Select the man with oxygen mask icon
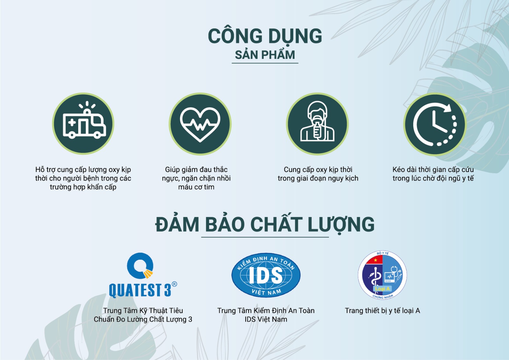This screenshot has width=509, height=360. (x=317, y=121)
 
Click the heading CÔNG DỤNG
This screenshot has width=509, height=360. (x=265, y=36)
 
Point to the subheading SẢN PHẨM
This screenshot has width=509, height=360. (x=265, y=55)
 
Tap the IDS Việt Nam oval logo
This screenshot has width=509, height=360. (x=266, y=275)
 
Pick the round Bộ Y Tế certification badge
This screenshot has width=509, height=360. (x=382, y=275)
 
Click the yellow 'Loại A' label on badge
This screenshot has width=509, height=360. (x=382, y=289)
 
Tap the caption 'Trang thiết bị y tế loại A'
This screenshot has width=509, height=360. (x=382, y=311)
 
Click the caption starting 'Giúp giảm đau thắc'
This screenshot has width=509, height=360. (x=196, y=178)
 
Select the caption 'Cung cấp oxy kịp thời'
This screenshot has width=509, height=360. (x=318, y=169)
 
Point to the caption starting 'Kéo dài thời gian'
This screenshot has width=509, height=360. (x=433, y=174)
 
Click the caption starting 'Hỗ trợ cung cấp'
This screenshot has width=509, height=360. (x=83, y=178)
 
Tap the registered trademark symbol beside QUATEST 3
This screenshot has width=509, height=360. (x=174, y=284)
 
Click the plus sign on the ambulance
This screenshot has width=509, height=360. (x=72, y=122)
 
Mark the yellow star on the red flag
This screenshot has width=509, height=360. (x=375, y=260)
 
